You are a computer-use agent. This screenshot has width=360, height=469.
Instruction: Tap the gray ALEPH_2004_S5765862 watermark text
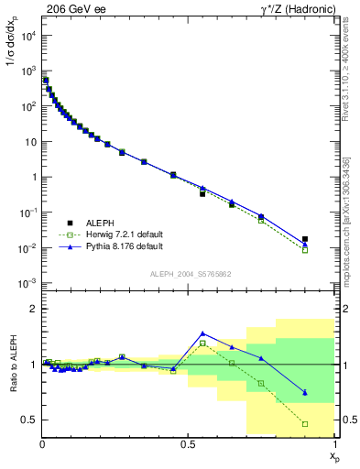(189, 274)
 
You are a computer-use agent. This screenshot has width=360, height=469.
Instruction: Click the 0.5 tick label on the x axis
(189, 443)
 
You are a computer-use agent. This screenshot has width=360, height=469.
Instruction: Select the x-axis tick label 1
(334, 443)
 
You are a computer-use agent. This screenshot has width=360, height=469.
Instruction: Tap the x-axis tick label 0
(42, 443)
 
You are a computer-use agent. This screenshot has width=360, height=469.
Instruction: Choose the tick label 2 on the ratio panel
(34, 309)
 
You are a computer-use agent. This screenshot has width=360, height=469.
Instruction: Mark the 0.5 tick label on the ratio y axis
(29, 420)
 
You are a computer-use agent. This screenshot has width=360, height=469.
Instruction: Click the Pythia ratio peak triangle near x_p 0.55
(202, 333)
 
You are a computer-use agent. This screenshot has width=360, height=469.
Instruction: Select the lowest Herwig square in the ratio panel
(305, 424)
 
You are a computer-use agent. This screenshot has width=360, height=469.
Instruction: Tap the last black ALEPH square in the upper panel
(305, 239)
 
